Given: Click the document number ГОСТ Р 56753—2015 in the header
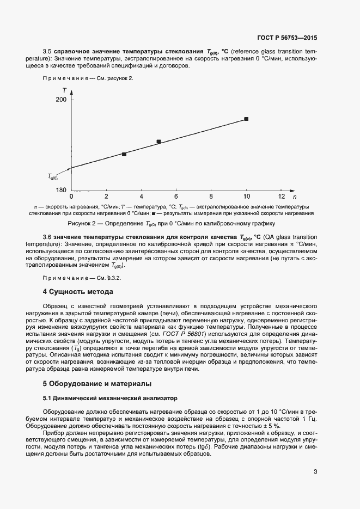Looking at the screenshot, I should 286,38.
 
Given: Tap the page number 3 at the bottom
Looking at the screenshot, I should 315,472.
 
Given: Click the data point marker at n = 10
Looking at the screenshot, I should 246,119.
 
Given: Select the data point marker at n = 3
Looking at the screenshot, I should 124,154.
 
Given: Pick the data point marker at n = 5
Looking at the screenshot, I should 159,142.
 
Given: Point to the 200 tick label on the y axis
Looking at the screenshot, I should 61,100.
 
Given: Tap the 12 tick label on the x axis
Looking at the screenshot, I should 281,196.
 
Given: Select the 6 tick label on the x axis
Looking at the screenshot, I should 176,196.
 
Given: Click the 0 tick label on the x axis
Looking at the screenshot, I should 72,196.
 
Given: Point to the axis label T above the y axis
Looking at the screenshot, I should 64,90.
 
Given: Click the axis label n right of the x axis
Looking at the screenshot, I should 295,196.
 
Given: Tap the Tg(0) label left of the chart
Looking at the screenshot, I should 53,176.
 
